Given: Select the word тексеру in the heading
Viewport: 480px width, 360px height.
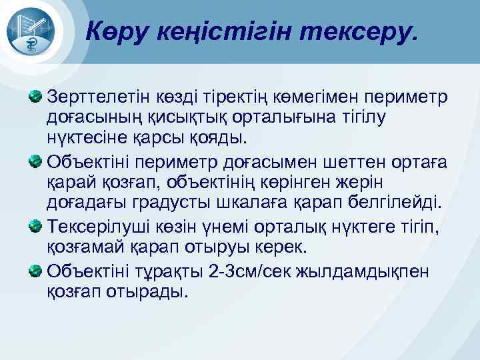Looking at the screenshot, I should click(361, 31).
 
